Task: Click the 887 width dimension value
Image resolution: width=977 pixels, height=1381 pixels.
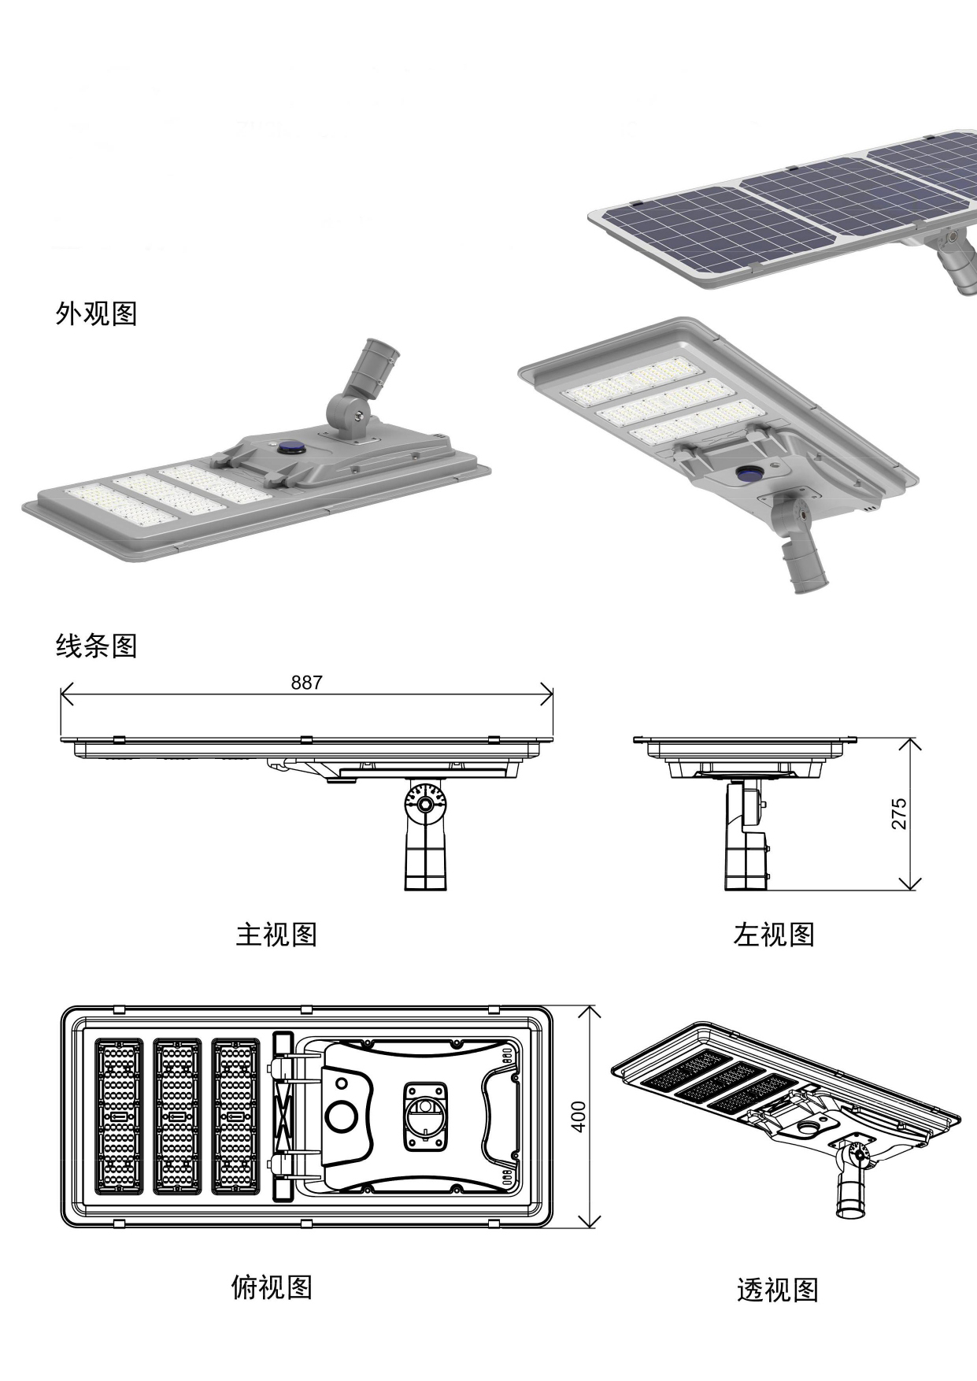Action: click(306, 683)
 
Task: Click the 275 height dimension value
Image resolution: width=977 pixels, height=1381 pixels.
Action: click(899, 813)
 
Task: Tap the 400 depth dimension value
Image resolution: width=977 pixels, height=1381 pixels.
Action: click(579, 1116)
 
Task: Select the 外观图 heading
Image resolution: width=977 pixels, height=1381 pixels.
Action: click(96, 313)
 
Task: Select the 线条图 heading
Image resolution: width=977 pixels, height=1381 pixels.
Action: click(96, 646)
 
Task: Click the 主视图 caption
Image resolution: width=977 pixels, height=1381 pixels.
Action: click(276, 935)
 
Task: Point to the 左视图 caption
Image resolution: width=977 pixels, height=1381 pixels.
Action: click(773, 935)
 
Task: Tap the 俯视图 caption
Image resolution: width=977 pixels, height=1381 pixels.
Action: click(272, 1287)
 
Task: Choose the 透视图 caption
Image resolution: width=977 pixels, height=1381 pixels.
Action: click(777, 1290)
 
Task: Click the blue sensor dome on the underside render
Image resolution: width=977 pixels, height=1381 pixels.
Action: click(748, 473)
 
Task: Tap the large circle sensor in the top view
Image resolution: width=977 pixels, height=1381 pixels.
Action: click(342, 1116)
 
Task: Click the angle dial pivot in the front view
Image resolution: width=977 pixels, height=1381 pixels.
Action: click(425, 804)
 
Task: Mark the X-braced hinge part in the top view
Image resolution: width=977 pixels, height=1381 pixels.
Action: click(282, 1116)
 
